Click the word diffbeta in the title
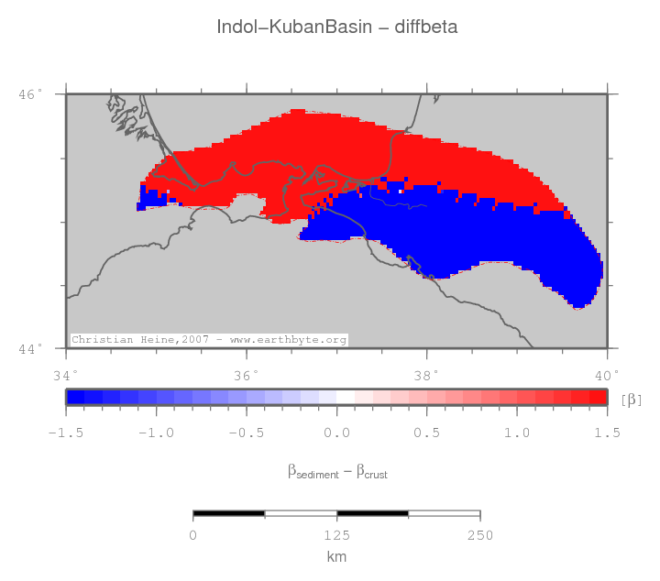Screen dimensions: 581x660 425,27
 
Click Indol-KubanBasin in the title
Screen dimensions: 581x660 295,27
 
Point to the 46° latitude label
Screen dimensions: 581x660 32,94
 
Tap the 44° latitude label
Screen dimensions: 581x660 32,348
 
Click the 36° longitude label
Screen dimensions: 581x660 247,374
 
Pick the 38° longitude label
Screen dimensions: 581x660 426,374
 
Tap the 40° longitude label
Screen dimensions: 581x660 607,374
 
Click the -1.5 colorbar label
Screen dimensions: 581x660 65,432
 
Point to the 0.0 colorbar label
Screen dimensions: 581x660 336,432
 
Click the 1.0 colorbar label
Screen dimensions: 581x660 517,432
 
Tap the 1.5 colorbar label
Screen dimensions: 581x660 607,432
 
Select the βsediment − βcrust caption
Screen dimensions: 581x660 336,472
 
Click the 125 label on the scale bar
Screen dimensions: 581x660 336,535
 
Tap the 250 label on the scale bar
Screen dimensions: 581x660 480,535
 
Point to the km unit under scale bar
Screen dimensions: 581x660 336,557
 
